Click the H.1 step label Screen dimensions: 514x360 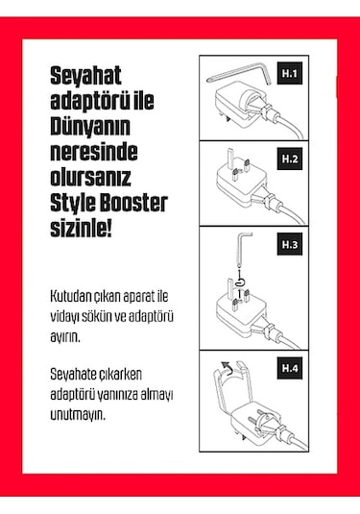coord(290,72)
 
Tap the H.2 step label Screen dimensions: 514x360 coord(290,158)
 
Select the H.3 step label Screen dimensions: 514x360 coord(290,245)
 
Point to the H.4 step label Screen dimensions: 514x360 coord(290,368)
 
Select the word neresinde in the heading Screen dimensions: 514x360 coord(92,154)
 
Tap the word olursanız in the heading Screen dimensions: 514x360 coord(92,179)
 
